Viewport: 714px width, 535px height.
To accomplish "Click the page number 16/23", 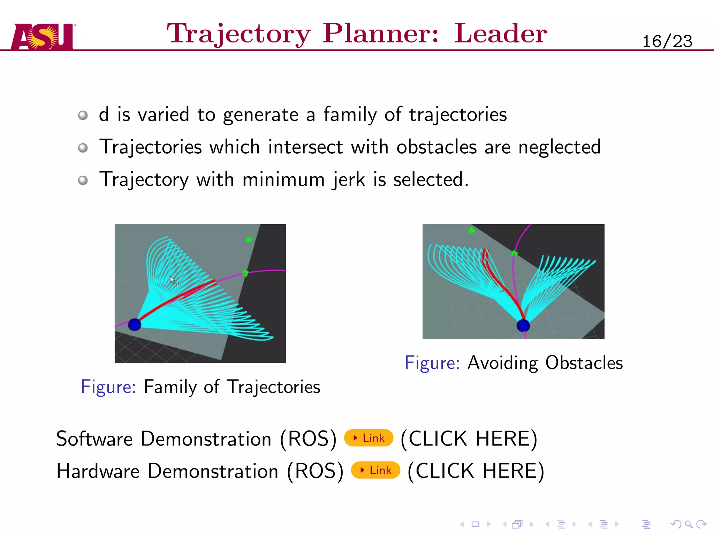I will click(x=667, y=41).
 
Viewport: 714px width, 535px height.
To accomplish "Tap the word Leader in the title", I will click(x=500, y=33).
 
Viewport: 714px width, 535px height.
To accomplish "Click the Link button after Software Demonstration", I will click(x=369, y=438).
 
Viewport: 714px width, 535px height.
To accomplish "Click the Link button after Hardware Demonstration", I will click(x=375, y=470).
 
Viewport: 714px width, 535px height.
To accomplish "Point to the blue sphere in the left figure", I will click(x=135, y=325).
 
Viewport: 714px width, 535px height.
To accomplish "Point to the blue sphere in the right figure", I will click(x=523, y=325).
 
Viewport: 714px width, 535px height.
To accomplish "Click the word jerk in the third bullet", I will click(x=349, y=180).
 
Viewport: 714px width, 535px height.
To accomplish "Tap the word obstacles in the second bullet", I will click(x=436, y=147).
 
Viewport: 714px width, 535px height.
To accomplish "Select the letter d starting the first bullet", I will click(x=104, y=114).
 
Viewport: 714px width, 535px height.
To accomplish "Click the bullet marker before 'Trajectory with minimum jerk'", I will click(x=83, y=180).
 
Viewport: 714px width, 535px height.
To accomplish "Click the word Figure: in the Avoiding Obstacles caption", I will click(x=432, y=363).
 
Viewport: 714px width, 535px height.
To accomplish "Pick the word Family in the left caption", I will click(x=170, y=387).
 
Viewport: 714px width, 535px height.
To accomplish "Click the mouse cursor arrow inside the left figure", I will click(x=172, y=279).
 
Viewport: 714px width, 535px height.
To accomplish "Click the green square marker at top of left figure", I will click(x=249, y=240).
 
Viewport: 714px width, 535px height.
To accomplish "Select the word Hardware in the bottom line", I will click(x=98, y=471).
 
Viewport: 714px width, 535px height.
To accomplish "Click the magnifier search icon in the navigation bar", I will click(x=688, y=524).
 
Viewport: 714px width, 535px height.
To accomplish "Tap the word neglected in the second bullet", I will click(x=559, y=147).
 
